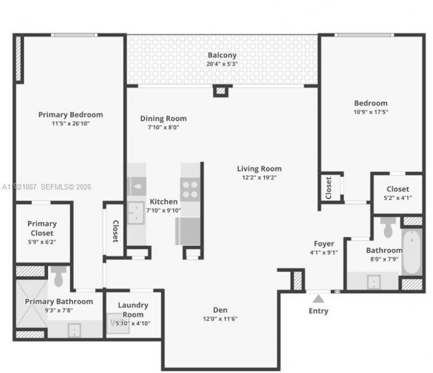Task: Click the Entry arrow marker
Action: (x=318, y=298)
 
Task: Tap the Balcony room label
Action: (x=222, y=55)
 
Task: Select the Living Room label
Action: (x=259, y=169)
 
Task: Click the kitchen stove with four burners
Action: (x=189, y=190)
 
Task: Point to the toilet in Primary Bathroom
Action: (x=59, y=276)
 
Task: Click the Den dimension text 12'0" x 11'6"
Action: (x=220, y=318)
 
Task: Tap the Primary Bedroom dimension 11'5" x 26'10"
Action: (x=70, y=123)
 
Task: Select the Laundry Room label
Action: (x=133, y=310)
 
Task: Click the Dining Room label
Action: (x=163, y=119)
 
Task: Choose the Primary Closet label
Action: (x=42, y=228)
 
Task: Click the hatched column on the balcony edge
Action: (x=220, y=91)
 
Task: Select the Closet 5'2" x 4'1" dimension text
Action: (x=398, y=198)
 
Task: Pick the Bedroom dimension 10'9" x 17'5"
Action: (x=371, y=112)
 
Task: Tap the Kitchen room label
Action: (x=163, y=202)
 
